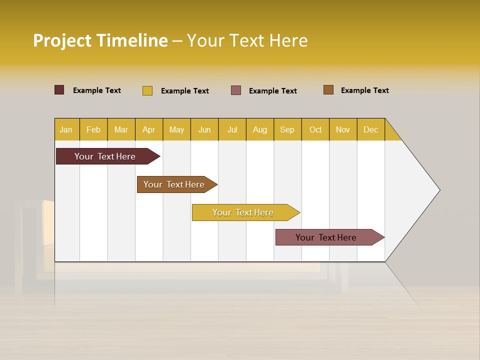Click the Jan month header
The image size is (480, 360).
[66, 129]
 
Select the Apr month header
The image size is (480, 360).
[149, 129]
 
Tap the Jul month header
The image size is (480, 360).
[232, 129]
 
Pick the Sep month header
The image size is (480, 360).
[287, 129]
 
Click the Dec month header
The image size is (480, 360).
[370, 129]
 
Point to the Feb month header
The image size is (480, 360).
[93, 129]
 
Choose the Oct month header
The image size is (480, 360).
[315, 129]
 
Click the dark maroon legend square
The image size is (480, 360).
[59, 90]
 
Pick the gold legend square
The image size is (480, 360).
[147, 90]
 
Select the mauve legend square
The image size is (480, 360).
[236, 90]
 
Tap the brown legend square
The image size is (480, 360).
[328, 90]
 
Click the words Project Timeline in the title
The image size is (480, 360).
[100, 40]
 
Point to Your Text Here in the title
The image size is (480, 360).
[247, 40]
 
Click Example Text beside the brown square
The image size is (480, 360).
[364, 90]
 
